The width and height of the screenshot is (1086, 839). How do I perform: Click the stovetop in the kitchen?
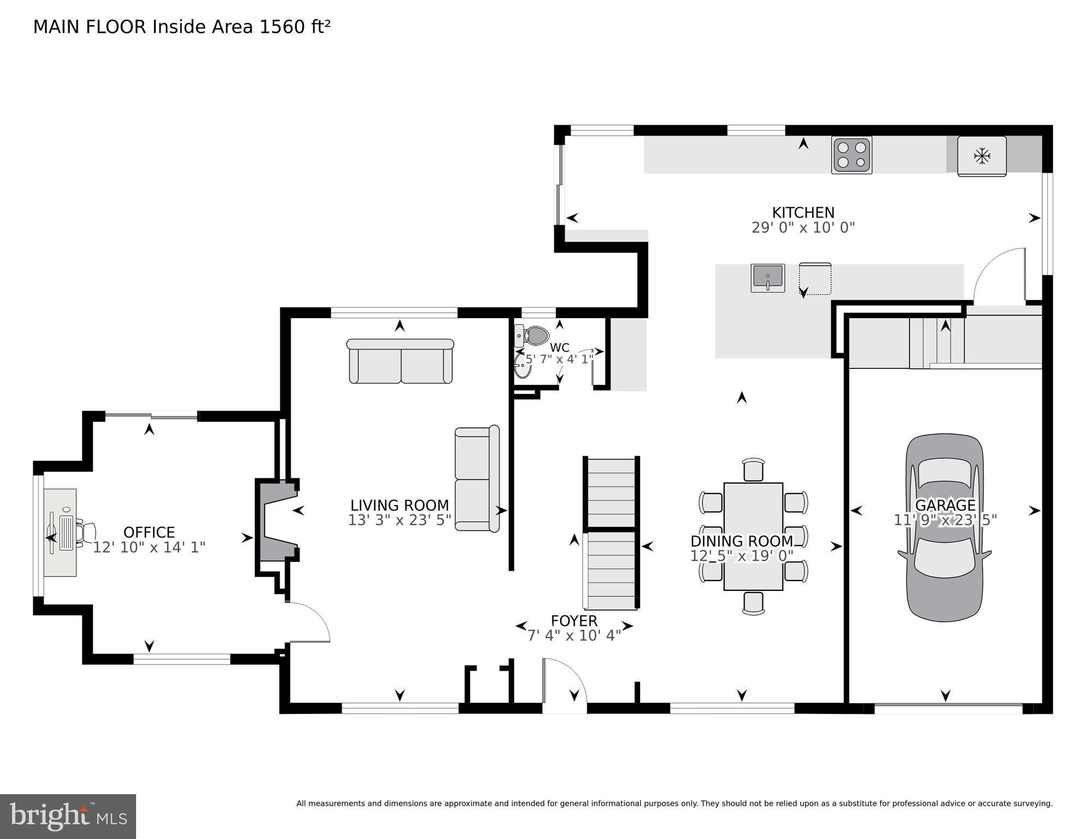click(x=852, y=155)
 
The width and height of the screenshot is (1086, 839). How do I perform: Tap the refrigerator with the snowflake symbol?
click(x=982, y=156)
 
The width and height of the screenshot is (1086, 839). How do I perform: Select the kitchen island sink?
click(x=767, y=278)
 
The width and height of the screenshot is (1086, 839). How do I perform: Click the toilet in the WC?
click(x=532, y=336)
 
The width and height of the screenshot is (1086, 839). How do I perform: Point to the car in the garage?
click(x=944, y=527)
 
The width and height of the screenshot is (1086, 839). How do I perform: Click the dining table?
click(x=753, y=536)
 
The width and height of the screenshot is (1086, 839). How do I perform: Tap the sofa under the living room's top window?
click(x=400, y=361)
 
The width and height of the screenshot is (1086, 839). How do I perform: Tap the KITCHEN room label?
click(x=803, y=212)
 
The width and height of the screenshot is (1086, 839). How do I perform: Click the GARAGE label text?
click(x=945, y=504)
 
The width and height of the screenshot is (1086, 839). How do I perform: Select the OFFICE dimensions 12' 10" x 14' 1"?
click(x=149, y=547)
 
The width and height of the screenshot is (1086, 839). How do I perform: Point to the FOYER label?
click(x=574, y=621)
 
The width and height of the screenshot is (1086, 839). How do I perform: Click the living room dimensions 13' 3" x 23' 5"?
click(x=400, y=520)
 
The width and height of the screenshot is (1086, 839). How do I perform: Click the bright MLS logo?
click(x=68, y=816)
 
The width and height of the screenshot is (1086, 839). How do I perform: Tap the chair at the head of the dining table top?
click(x=753, y=470)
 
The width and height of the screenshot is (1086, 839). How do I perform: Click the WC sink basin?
click(x=522, y=367)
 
